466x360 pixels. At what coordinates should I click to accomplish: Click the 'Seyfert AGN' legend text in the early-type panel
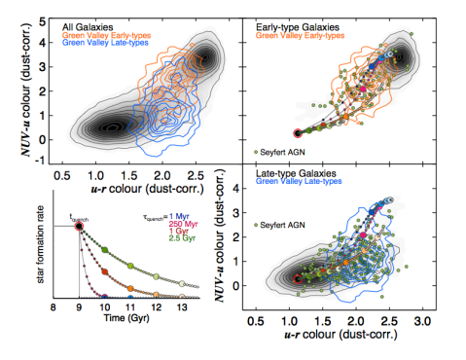(x=286, y=153)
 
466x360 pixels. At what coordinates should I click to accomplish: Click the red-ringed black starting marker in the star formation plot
(x=79, y=227)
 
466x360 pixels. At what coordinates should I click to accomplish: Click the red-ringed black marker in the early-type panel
(x=299, y=132)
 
